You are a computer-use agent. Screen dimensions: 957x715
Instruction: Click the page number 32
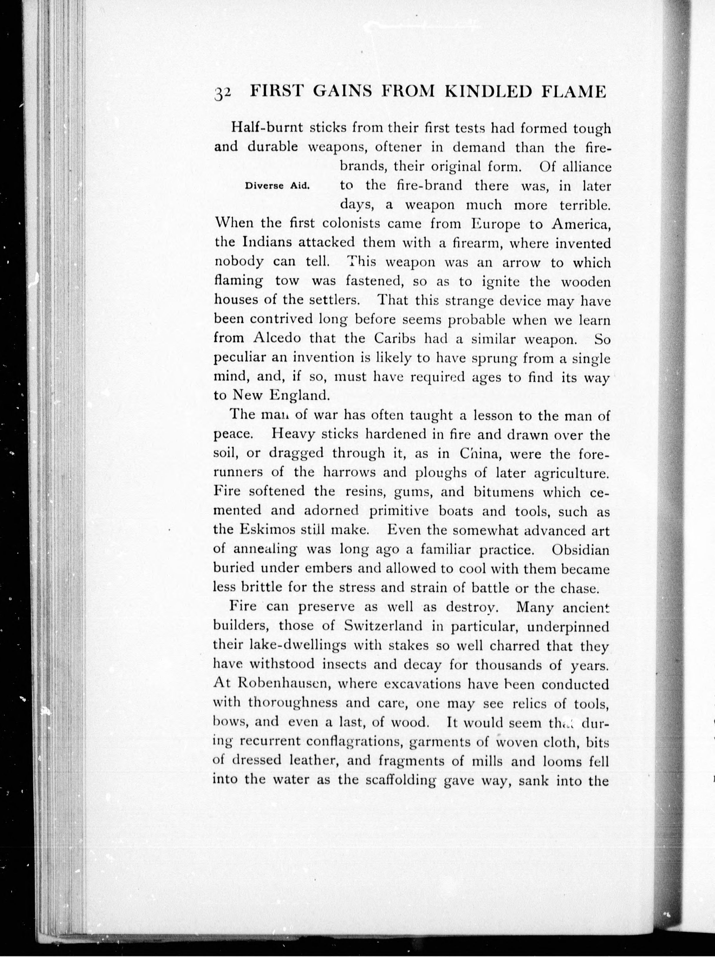(223, 93)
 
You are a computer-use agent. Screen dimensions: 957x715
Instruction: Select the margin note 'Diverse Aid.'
(277, 186)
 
